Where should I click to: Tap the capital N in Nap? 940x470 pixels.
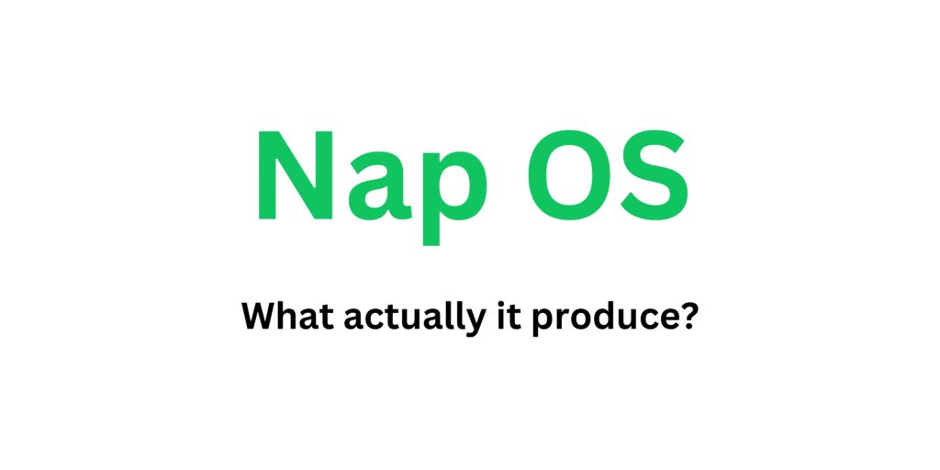click(291, 174)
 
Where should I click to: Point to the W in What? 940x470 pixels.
click(258, 318)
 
